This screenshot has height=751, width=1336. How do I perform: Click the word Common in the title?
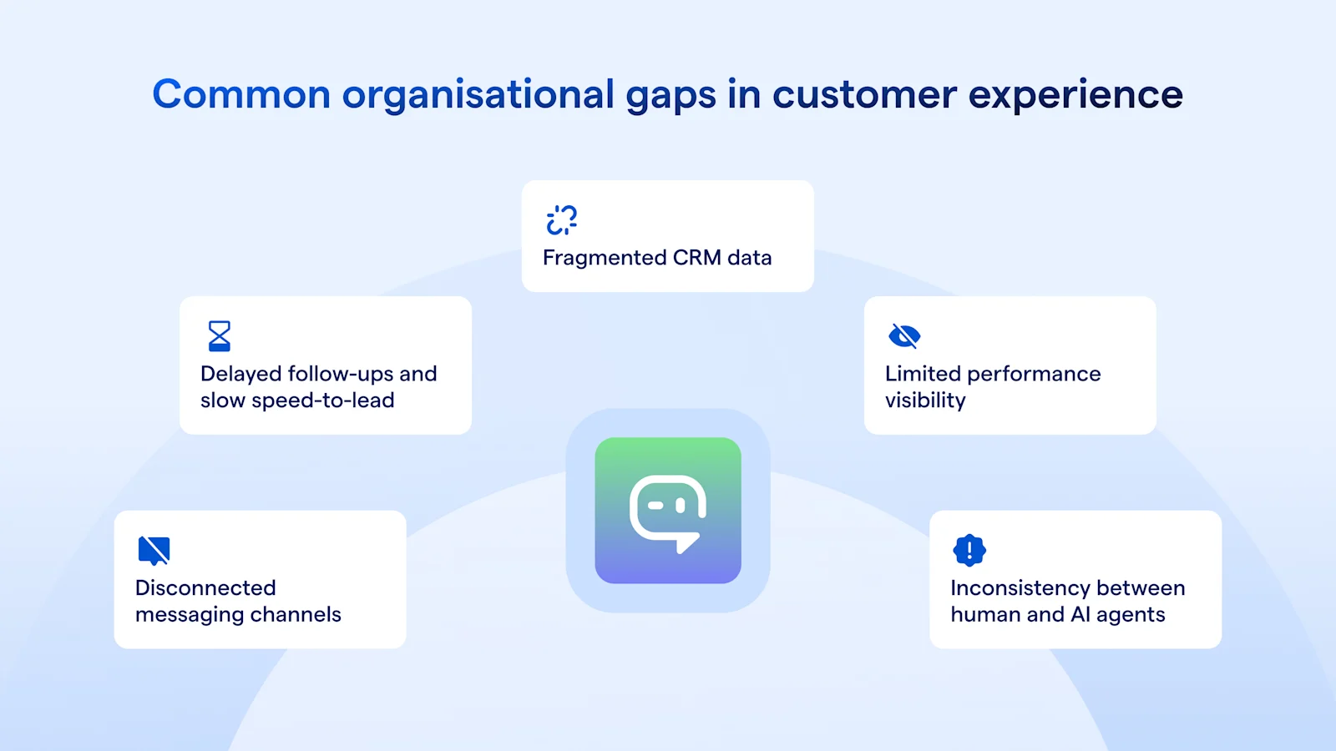241,94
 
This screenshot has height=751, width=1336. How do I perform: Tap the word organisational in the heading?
478,94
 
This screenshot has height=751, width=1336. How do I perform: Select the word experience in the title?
1075,94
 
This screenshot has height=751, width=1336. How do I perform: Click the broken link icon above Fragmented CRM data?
562,220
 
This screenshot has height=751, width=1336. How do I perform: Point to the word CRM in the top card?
696,258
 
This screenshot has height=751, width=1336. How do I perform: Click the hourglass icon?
220,336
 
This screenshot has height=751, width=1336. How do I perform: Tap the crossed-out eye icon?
904,336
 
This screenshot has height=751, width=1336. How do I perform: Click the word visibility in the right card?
925,401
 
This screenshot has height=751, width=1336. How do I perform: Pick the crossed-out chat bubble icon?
154,551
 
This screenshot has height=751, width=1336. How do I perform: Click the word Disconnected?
205,588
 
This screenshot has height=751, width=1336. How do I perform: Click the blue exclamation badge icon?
969,550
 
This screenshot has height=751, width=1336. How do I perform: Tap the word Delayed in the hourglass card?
240,374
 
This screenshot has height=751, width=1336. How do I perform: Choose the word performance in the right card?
1034,374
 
